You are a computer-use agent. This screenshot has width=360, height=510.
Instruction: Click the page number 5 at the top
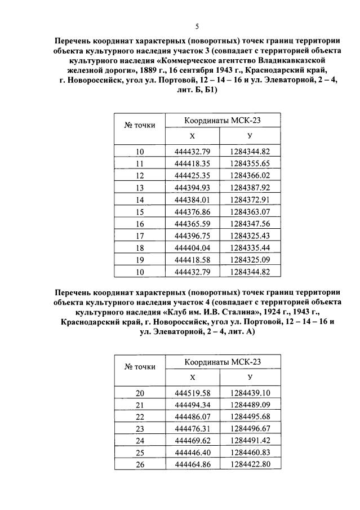[x=197, y=26]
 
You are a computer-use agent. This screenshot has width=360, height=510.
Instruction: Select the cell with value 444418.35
[x=192, y=163]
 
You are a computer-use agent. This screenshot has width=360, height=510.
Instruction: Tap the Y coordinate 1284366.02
[x=250, y=175]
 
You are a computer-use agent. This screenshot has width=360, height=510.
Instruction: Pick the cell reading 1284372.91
[x=250, y=199]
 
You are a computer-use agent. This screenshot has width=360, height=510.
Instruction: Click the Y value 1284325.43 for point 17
[x=250, y=236]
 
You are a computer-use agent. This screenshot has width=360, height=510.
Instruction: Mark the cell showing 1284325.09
[x=250, y=260]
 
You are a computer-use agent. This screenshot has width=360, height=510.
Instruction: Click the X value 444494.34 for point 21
[x=192, y=405]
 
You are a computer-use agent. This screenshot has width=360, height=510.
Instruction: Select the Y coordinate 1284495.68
[x=250, y=416]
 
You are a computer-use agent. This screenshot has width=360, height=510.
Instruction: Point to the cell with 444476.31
[x=192, y=428]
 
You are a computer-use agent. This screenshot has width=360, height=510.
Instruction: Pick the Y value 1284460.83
[x=250, y=453]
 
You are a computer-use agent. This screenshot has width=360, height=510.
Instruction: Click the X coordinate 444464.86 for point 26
[x=192, y=464]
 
